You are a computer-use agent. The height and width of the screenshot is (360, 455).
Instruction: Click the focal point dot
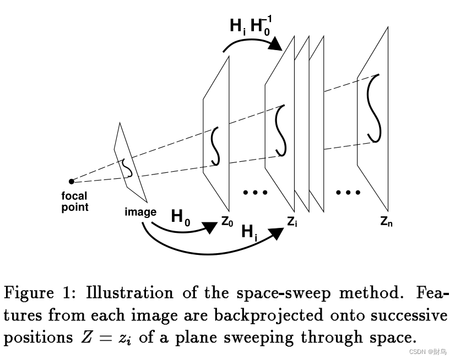tap(72, 181)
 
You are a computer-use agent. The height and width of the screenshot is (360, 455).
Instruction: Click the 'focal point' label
tap(75, 202)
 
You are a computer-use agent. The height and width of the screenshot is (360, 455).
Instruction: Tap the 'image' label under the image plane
tap(140, 212)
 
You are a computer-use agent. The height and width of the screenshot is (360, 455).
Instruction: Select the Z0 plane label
tap(227, 222)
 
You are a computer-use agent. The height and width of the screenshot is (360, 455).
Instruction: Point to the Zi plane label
tap(292, 222)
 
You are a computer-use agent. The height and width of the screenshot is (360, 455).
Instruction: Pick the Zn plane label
tap(387, 221)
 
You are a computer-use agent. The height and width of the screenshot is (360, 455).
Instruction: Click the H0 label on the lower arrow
tap(181, 216)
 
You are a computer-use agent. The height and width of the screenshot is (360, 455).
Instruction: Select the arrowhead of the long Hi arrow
tap(278, 233)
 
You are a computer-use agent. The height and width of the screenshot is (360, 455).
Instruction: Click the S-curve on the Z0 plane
tap(215, 146)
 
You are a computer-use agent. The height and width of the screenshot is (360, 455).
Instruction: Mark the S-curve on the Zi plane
tap(281, 130)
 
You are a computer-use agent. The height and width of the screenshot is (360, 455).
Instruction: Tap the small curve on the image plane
tap(127, 166)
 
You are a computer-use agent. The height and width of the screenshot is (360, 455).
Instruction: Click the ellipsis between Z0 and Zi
tap(254, 193)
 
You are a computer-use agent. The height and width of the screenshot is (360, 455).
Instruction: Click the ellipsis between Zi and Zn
tap(348, 193)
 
